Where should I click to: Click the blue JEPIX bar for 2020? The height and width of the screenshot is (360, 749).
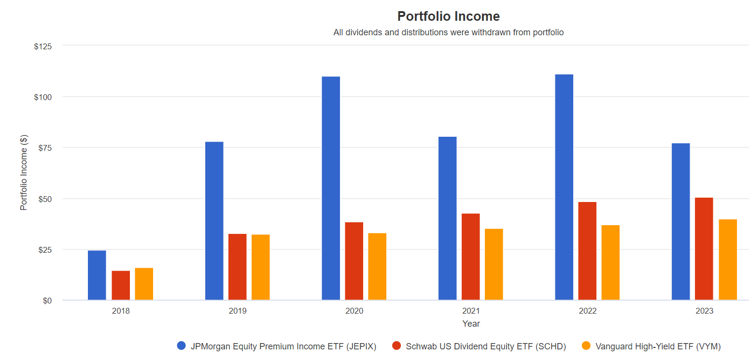click(331, 188)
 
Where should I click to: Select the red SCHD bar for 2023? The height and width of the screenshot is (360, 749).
click(704, 249)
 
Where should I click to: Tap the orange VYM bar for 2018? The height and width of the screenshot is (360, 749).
click(144, 284)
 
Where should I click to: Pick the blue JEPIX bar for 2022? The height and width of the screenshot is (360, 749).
click(564, 187)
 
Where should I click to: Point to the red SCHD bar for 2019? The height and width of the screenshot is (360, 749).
click(238, 267)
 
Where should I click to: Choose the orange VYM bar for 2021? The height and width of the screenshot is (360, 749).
click(494, 264)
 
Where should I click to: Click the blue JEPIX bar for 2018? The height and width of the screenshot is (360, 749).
click(97, 275)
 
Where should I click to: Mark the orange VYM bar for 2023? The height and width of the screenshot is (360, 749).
click(728, 260)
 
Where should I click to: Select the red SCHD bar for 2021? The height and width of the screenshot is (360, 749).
click(471, 257)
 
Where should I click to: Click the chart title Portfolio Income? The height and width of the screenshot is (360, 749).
click(448, 16)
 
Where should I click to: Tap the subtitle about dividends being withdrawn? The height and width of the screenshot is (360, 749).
click(448, 33)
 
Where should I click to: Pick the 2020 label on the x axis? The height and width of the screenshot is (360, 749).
click(354, 311)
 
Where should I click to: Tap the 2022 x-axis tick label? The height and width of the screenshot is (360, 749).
click(588, 311)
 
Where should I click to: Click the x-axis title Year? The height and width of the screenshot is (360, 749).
click(471, 324)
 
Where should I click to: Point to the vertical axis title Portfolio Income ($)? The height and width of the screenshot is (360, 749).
click(24, 173)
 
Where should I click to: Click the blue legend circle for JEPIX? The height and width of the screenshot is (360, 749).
click(182, 346)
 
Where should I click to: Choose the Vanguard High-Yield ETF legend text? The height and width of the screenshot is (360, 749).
click(658, 346)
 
